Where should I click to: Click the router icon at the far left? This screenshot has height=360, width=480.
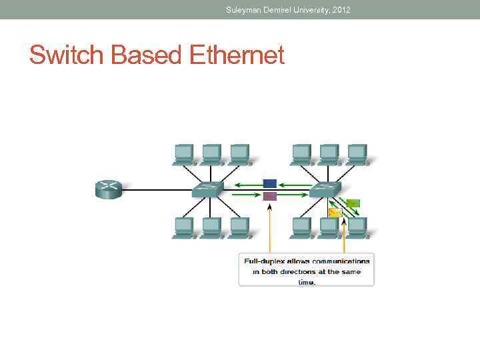[109, 189]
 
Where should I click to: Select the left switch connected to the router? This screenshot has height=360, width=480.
[208, 190]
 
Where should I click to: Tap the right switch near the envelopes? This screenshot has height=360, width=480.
[325, 190]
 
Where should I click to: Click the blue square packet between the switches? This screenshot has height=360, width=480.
[269, 183]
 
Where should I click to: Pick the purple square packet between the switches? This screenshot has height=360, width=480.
[269, 196]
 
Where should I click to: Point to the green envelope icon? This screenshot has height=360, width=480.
[353, 203]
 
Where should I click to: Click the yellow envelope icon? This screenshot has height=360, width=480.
[335, 212]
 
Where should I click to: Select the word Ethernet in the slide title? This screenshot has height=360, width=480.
[237, 55]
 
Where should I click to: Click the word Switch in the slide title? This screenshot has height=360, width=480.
[67, 55]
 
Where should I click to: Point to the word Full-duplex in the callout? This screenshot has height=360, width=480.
[265, 261]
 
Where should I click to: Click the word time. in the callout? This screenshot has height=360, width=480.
[307, 282]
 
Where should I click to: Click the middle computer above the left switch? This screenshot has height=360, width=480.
[211, 154]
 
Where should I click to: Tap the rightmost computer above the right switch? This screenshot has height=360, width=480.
[357, 154]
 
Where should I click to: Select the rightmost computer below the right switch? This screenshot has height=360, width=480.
[357, 227]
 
